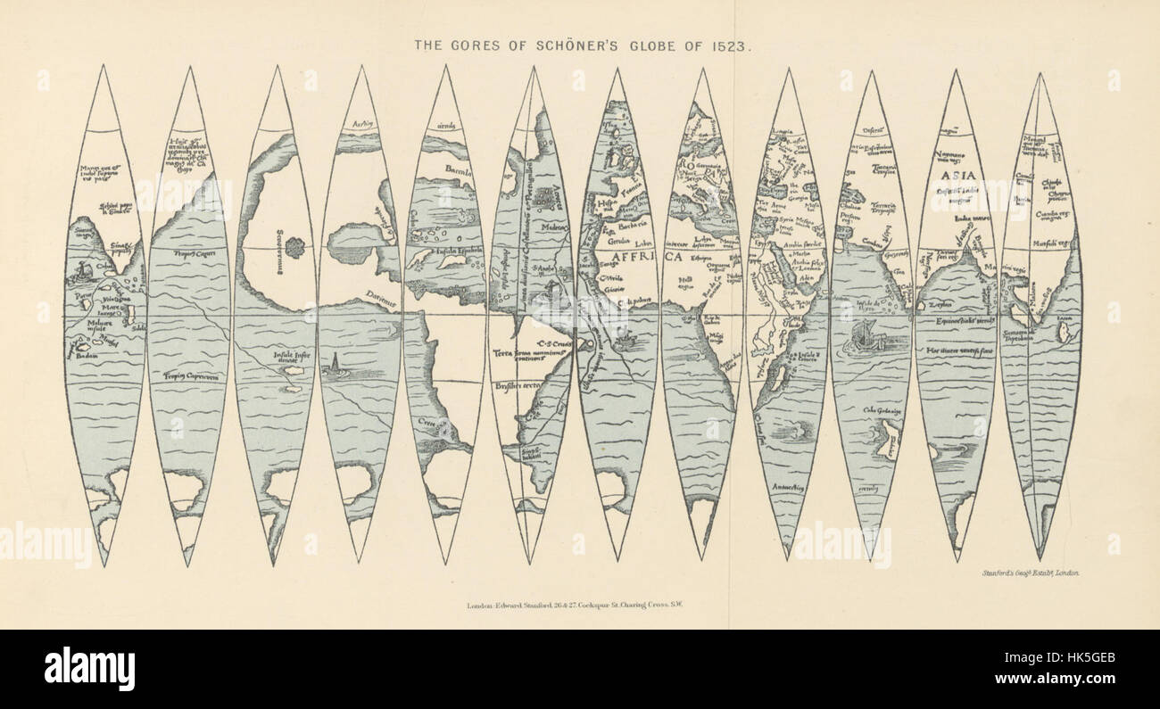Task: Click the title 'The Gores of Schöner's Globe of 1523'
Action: pyautogui.click(x=580, y=44)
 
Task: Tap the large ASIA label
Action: pyautogui.click(x=957, y=176)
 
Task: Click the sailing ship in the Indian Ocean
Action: pyautogui.click(x=866, y=338)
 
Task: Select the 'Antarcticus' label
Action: pyautogui.click(x=786, y=488)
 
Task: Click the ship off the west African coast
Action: pyautogui.click(x=626, y=338)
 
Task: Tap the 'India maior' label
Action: pyautogui.click(x=964, y=218)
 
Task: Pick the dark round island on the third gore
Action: pyautogui.click(x=294, y=242)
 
